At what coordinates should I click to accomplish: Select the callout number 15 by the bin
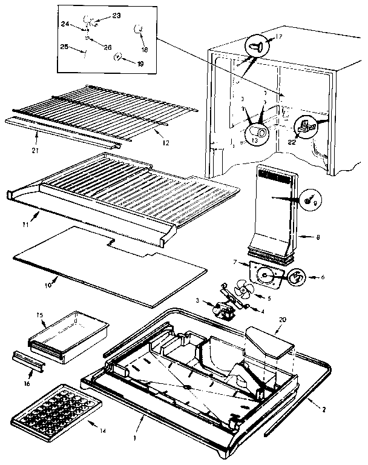pos(39,315)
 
